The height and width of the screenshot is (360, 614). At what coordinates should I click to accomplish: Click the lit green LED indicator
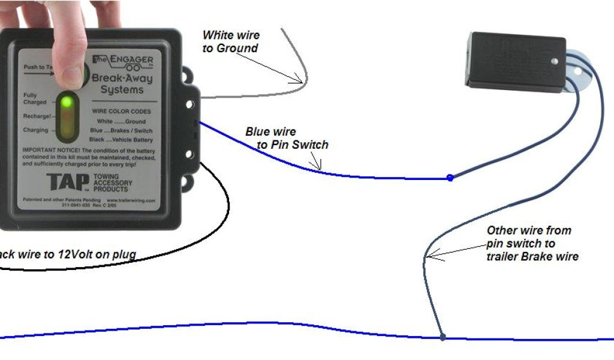[x=67, y=101]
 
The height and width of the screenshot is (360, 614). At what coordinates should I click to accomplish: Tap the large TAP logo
[x=61, y=182]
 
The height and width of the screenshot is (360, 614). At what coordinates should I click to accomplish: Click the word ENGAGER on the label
[x=131, y=61]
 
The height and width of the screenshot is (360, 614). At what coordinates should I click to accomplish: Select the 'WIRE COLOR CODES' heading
[x=121, y=112]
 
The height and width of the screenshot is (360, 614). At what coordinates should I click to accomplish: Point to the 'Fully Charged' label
[x=34, y=98]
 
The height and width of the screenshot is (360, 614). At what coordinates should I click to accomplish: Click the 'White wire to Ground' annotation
[x=230, y=41]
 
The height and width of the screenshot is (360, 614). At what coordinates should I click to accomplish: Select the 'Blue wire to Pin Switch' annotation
[x=287, y=138]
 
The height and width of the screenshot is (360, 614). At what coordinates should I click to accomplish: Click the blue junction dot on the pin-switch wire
[x=450, y=178]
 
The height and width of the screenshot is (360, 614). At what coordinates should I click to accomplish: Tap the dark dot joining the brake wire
[x=443, y=338]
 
